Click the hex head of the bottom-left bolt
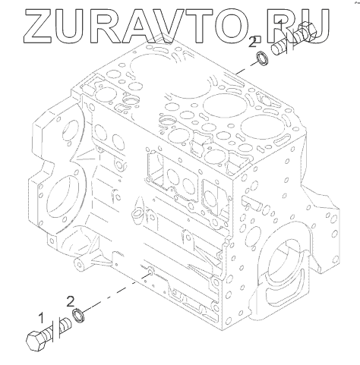36,341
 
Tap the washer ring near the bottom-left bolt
79,316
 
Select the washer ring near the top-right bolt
263,58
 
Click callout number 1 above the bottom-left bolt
41,318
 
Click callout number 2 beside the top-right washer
252,42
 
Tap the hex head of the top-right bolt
308,31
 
